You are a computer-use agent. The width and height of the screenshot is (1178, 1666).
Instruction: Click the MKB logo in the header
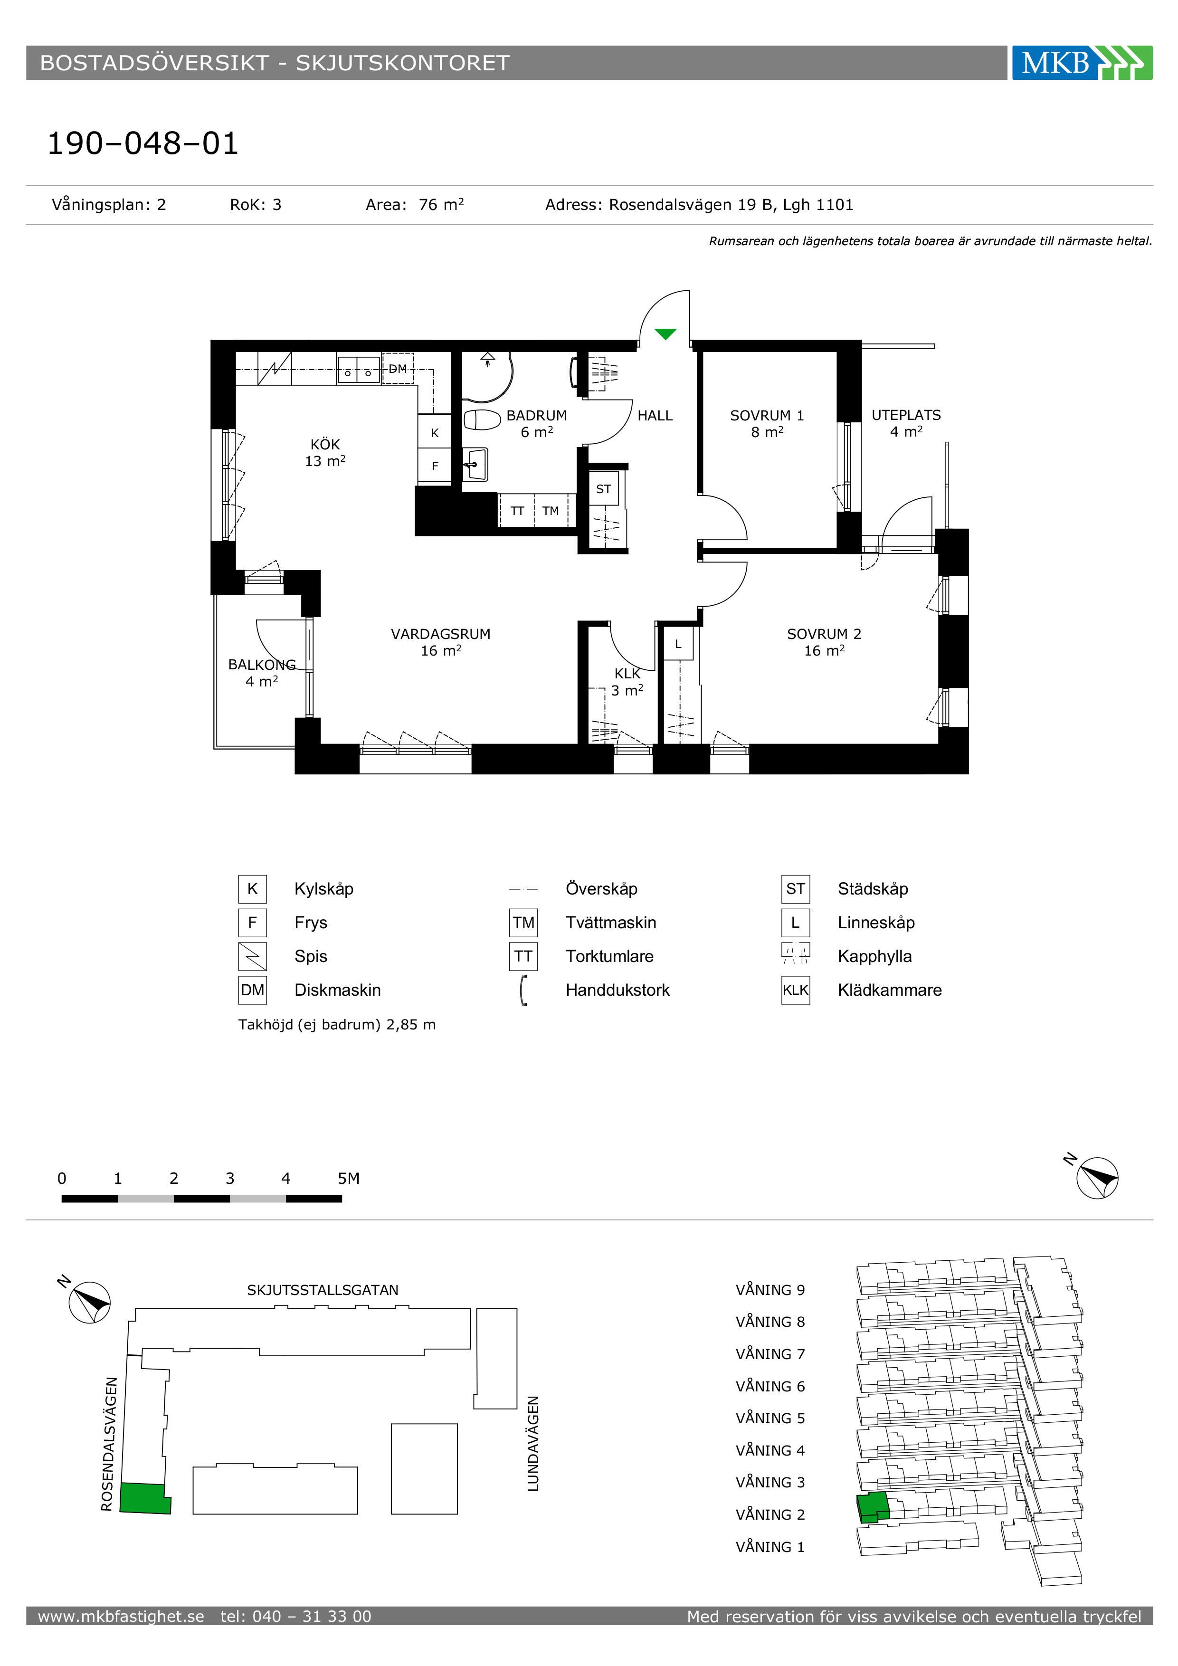pyautogui.click(x=1082, y=62)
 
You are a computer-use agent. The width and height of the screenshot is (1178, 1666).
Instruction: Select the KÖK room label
pyautogui.click(x=325, y=444)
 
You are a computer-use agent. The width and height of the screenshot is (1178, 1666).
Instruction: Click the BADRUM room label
pyautogui.click(x=537, y=415)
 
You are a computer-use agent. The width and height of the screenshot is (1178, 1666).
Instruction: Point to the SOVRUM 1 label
pyautogui.click(x=767, y=415)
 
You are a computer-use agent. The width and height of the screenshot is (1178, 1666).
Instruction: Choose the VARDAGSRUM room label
pyautogui.click(x=441, y=633)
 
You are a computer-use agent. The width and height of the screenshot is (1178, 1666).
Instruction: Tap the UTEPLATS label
pyautogui.click(x=906, y=415)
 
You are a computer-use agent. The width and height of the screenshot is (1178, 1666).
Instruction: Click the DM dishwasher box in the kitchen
pyautogui.click(x=398, y=369)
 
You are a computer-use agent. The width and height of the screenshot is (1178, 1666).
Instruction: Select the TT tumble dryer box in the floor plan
pyautogui.click(x=517, y=510)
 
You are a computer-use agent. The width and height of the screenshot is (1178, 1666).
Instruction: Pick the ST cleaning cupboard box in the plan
pyautogui.click(x=604, y=489)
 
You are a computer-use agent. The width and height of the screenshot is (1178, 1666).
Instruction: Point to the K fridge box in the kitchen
pyautogui.click(x=435, y=432)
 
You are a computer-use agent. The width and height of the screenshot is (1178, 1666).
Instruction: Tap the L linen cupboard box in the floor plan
pyautogui.click(x=678, y=644)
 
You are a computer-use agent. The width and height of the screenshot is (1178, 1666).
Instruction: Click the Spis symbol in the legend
pyautogui.click(x=252, y=956)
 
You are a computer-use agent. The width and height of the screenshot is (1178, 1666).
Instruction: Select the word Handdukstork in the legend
pyautogui.click(x=617, y=990)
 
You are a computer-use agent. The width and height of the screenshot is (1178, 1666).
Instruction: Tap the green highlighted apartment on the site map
pyautogui.click(x=145, y=1498)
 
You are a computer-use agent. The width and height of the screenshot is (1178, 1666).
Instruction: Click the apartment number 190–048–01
pyautogui.click(x=143, y=143)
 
